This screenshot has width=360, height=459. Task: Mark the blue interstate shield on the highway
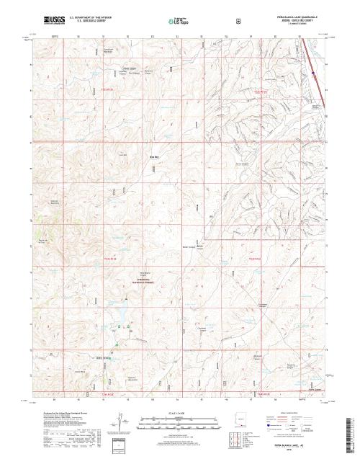click(x=313, y=72)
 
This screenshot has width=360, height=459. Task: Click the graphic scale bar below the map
click(x=181, y=421)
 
